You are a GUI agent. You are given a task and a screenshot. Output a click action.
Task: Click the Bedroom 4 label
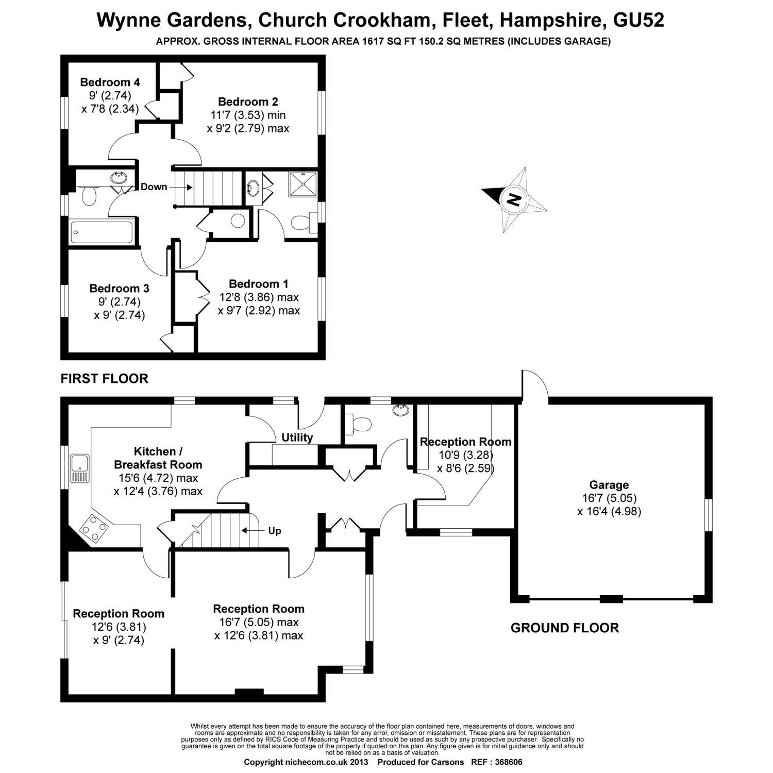click(110, 82)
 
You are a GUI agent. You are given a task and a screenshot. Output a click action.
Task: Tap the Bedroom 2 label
click(248, 102)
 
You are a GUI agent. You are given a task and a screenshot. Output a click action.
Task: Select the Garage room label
click(609, 485)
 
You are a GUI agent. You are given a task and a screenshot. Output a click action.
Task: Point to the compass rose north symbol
click(514, 199)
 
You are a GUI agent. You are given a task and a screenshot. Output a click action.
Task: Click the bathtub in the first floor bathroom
click(102, 232)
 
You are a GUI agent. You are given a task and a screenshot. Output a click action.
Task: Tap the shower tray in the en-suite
click(302, 186)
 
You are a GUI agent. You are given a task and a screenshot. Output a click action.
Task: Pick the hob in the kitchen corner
click(95, 528)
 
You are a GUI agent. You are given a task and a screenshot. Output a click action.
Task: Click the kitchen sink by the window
click(80, 468)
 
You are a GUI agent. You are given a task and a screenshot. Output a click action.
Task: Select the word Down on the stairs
click(154, 187)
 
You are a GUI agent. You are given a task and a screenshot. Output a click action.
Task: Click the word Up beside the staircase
click(275, 530)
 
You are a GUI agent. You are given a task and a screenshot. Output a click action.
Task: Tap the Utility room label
click(297, 438)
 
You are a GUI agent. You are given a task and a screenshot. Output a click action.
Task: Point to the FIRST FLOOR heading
click(105, 379)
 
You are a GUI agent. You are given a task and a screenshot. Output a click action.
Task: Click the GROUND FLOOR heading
click(565, 628)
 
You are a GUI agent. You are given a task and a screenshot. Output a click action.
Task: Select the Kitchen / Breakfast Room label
click(158, 458)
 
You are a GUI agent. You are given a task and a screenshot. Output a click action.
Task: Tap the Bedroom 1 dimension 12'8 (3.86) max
click(259, 297)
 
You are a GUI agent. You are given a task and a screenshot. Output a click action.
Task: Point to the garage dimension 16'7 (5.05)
click(609, 498)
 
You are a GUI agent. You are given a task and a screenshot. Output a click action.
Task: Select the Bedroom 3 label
click(119, 289)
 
